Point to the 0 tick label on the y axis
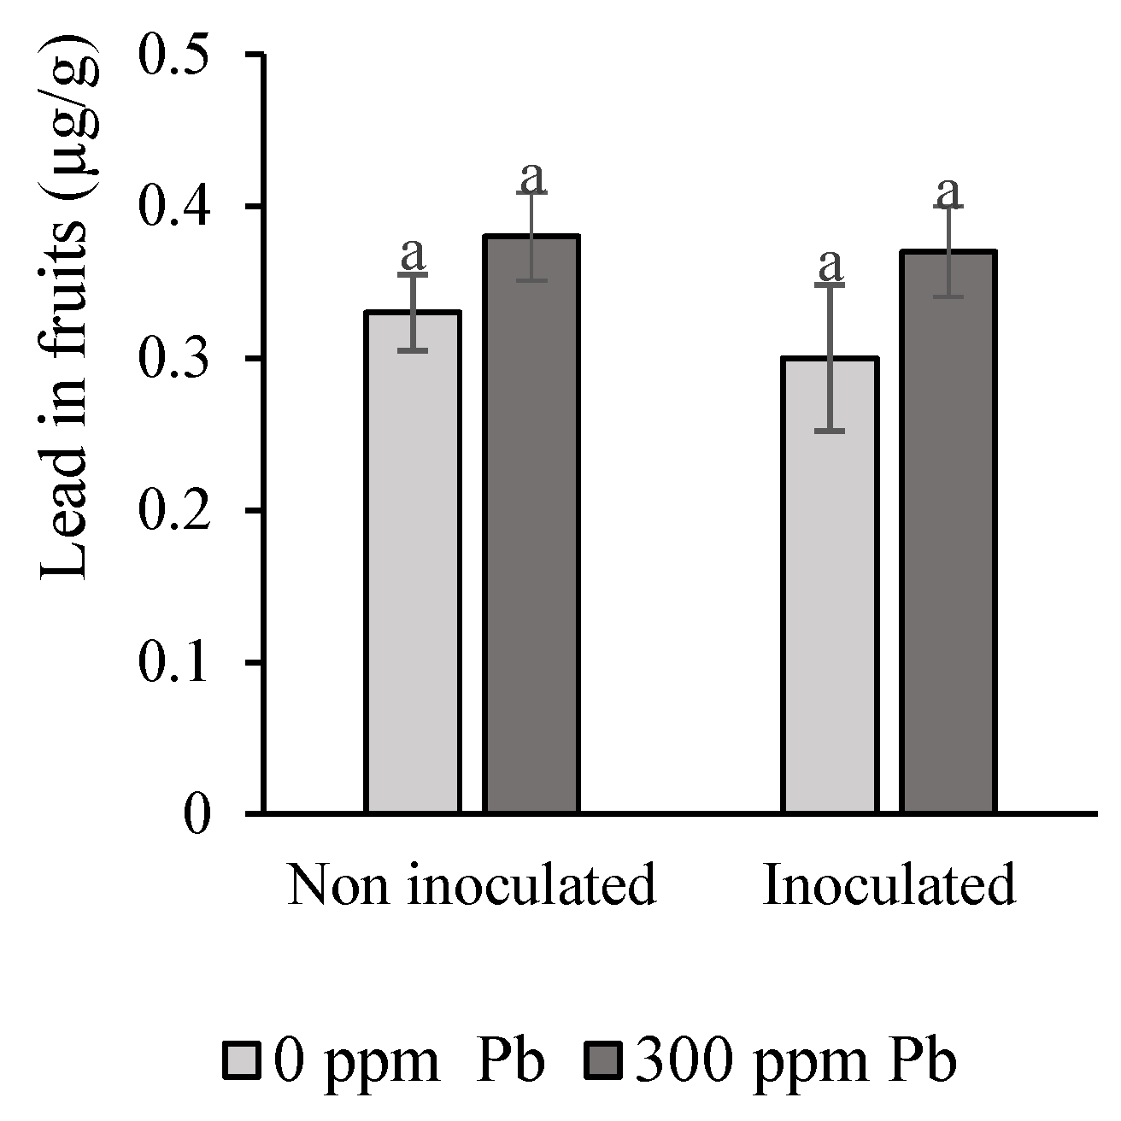(x=197, y=814)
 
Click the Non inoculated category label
(x=472, y=885)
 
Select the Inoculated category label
(x=889, y=885)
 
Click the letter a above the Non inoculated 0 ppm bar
(x=413, y=253)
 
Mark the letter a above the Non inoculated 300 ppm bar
(x=532, y=177)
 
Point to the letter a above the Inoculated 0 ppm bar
(x=830, y=265)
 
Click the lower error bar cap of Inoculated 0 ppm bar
(x=830, y=431)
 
